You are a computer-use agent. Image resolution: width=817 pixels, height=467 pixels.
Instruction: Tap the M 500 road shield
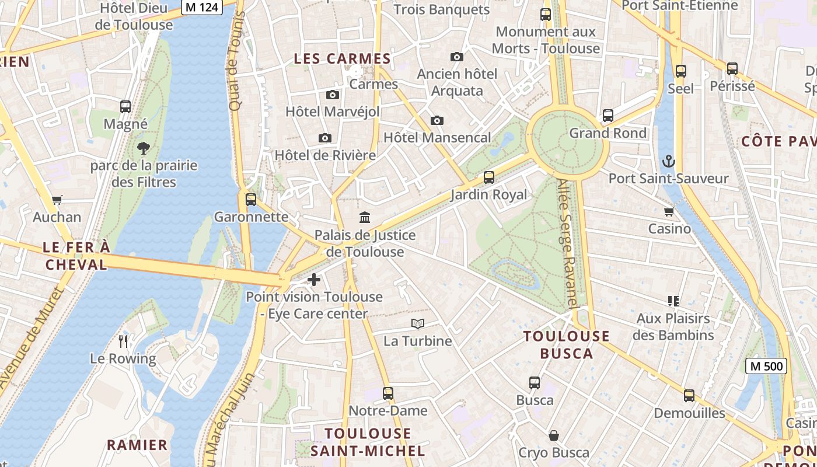(766, 366)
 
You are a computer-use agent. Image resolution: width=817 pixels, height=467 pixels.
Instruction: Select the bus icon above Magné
(125, 107)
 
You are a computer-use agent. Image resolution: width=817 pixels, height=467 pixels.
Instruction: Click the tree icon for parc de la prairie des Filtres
(144, 148)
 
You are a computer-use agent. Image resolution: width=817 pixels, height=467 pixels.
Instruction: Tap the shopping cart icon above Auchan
(57, 200)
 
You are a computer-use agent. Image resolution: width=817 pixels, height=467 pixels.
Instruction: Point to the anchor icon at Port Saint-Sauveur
(668, 161)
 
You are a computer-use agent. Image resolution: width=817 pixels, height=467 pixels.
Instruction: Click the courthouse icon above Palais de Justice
(365, 218)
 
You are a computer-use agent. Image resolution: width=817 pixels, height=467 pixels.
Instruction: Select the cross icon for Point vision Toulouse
(314, 280)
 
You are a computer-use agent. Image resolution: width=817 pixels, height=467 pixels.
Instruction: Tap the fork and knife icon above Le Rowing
(123, 341)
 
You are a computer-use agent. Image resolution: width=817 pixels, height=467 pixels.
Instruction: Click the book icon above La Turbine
(417, 323)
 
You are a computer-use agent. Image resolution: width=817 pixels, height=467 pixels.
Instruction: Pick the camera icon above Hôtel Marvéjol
(332, 95)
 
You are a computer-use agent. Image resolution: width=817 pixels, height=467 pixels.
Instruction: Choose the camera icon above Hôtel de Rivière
(325, 138)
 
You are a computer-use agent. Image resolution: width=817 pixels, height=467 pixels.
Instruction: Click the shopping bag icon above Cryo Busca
(554, 435)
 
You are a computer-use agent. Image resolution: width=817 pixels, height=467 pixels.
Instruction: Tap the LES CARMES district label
(342, 59)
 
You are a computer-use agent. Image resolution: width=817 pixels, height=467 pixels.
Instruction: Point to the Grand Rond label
(607, 133)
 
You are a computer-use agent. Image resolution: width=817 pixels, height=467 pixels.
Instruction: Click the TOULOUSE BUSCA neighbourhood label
(566, 344)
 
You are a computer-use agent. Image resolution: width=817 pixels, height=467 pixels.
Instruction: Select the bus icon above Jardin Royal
(489, 177)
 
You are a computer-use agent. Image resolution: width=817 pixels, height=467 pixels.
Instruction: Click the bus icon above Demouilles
(689, 396)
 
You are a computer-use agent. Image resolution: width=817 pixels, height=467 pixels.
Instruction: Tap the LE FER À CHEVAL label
(76, 256)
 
